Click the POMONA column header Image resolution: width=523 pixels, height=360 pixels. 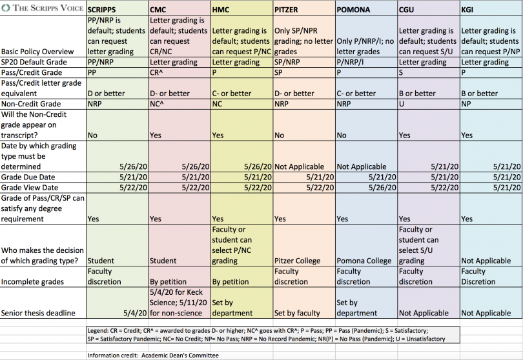353,10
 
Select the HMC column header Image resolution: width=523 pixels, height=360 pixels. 220,10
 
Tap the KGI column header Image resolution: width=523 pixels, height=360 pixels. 467,10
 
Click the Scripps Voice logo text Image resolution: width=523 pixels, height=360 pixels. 43,8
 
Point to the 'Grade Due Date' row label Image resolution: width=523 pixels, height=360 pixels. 28,177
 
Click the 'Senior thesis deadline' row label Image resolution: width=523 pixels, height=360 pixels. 38,313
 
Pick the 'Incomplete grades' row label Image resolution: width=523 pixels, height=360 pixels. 32,282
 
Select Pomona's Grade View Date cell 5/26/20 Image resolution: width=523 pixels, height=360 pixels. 382,188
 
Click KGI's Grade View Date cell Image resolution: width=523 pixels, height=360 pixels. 507,188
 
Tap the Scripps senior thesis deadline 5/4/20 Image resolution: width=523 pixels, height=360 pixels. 135,313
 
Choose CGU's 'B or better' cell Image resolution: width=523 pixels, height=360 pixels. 417,94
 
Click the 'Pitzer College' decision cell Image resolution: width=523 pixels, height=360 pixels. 297,261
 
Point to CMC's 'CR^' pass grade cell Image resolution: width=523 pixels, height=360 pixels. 156,72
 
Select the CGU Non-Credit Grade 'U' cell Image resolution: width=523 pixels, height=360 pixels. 401,104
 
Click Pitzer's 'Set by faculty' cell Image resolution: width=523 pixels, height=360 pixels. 297,313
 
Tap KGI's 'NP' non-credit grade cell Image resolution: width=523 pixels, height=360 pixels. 466,104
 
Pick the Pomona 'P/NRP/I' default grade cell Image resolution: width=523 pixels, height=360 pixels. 350,62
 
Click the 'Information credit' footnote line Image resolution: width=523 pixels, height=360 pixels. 153,355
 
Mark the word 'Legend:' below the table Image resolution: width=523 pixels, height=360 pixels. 98,331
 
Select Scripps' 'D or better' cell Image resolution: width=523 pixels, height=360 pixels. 106,94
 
